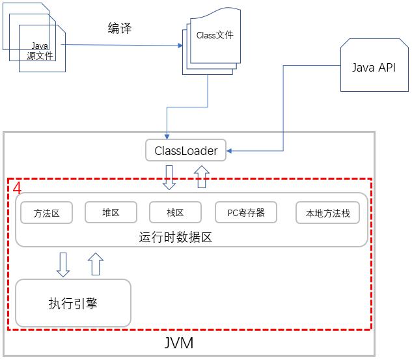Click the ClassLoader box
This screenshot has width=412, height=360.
185,151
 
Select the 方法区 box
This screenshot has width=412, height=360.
46,213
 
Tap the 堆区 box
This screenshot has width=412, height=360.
111,212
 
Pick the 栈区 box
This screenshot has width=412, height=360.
175,212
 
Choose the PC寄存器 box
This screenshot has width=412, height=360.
245,212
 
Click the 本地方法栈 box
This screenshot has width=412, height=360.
327,213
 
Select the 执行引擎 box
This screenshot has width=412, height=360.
73,303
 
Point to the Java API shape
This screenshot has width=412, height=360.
373,68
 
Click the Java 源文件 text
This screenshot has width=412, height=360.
40,51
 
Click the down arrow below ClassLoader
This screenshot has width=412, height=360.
169,177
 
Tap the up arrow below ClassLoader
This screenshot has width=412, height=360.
202,176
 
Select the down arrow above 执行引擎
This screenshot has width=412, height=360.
63,264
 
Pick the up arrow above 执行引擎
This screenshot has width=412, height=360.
95,264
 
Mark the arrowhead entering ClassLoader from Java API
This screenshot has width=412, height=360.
230,152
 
